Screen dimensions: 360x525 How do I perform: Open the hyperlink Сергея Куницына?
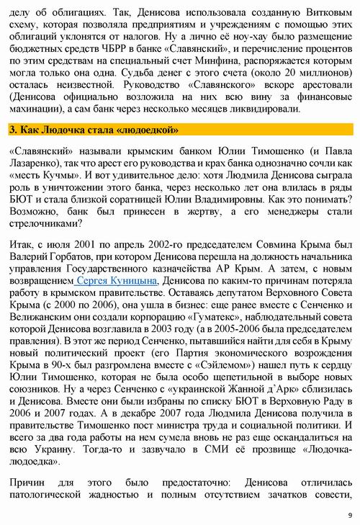point(117,281)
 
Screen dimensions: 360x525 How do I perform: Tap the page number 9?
point(349,515)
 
